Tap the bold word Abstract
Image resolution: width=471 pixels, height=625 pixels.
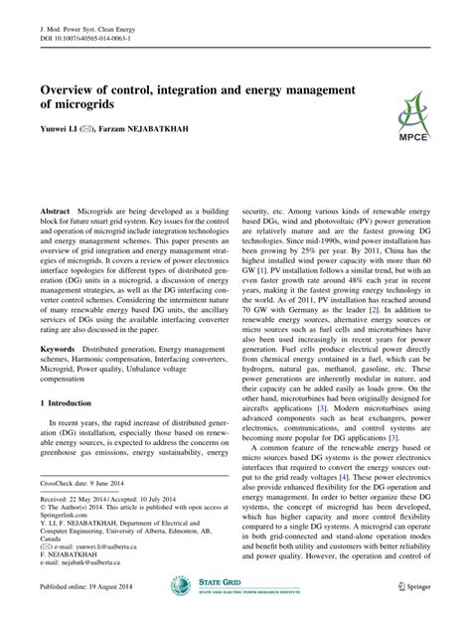[x=55, y=213]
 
